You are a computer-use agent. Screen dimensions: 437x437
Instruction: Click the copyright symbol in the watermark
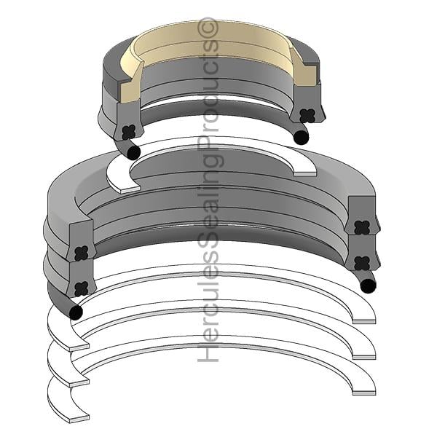point(208,28)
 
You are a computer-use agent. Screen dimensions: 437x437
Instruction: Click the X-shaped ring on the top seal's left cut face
point(129,132)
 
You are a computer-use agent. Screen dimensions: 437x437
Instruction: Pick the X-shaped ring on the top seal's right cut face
point(307,115)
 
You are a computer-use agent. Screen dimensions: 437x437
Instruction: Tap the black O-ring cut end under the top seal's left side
point(133,152)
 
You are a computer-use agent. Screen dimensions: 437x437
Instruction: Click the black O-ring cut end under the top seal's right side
point(302,137)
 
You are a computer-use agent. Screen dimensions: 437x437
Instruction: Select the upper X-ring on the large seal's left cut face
point(82,253)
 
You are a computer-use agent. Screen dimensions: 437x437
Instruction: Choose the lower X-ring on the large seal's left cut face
point(82,288)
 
